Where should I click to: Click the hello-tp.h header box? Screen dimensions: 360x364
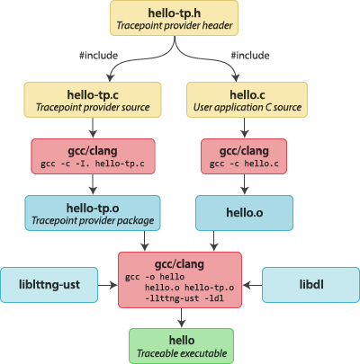(x=174, y=18)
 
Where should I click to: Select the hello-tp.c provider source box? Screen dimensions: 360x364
(x=93, y=100)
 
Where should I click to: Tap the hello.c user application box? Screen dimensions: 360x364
(x=247, y=100)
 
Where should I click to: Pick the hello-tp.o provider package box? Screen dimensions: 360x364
(x=93, y=213)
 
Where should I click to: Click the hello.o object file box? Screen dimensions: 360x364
(x=244, y=213)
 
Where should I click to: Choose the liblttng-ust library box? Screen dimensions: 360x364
(x=49, y=285)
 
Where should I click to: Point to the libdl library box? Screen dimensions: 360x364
(x=311, y=285)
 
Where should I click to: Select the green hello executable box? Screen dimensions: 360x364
(x=182, y=346)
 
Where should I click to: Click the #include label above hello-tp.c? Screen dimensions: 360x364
(x=98, y=56)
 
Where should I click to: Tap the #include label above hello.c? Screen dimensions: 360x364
(x=250, y=56)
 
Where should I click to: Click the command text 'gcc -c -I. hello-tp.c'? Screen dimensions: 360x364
(x=93, y=164)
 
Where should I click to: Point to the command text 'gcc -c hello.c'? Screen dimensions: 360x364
(x=244, y=164)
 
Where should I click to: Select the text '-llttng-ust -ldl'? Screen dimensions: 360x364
(x=184, y=298)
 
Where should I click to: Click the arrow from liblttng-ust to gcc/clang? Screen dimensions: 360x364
(x=108, y=285)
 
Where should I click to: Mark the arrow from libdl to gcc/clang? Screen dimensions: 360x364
(x=252, y=285)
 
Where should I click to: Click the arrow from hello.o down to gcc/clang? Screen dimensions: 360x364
(x=213, y=241)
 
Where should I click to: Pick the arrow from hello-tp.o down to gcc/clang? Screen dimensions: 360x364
(x=145, y=241)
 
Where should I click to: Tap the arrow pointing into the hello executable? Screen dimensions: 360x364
(x=181, y=318)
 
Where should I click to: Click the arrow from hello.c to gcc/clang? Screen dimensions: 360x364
(x=245, y=128)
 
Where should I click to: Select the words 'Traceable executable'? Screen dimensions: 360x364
(x=182, y=353)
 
